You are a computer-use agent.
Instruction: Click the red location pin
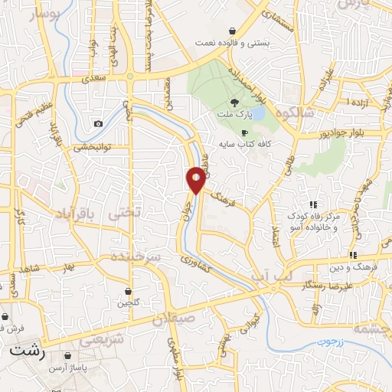197,179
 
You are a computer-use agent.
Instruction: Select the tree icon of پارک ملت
236,103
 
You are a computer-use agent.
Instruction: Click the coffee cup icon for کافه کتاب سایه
246,132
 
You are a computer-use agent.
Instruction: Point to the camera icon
98,124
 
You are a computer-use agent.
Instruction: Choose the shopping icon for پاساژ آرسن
70,356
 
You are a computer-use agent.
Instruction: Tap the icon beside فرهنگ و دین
352,255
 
